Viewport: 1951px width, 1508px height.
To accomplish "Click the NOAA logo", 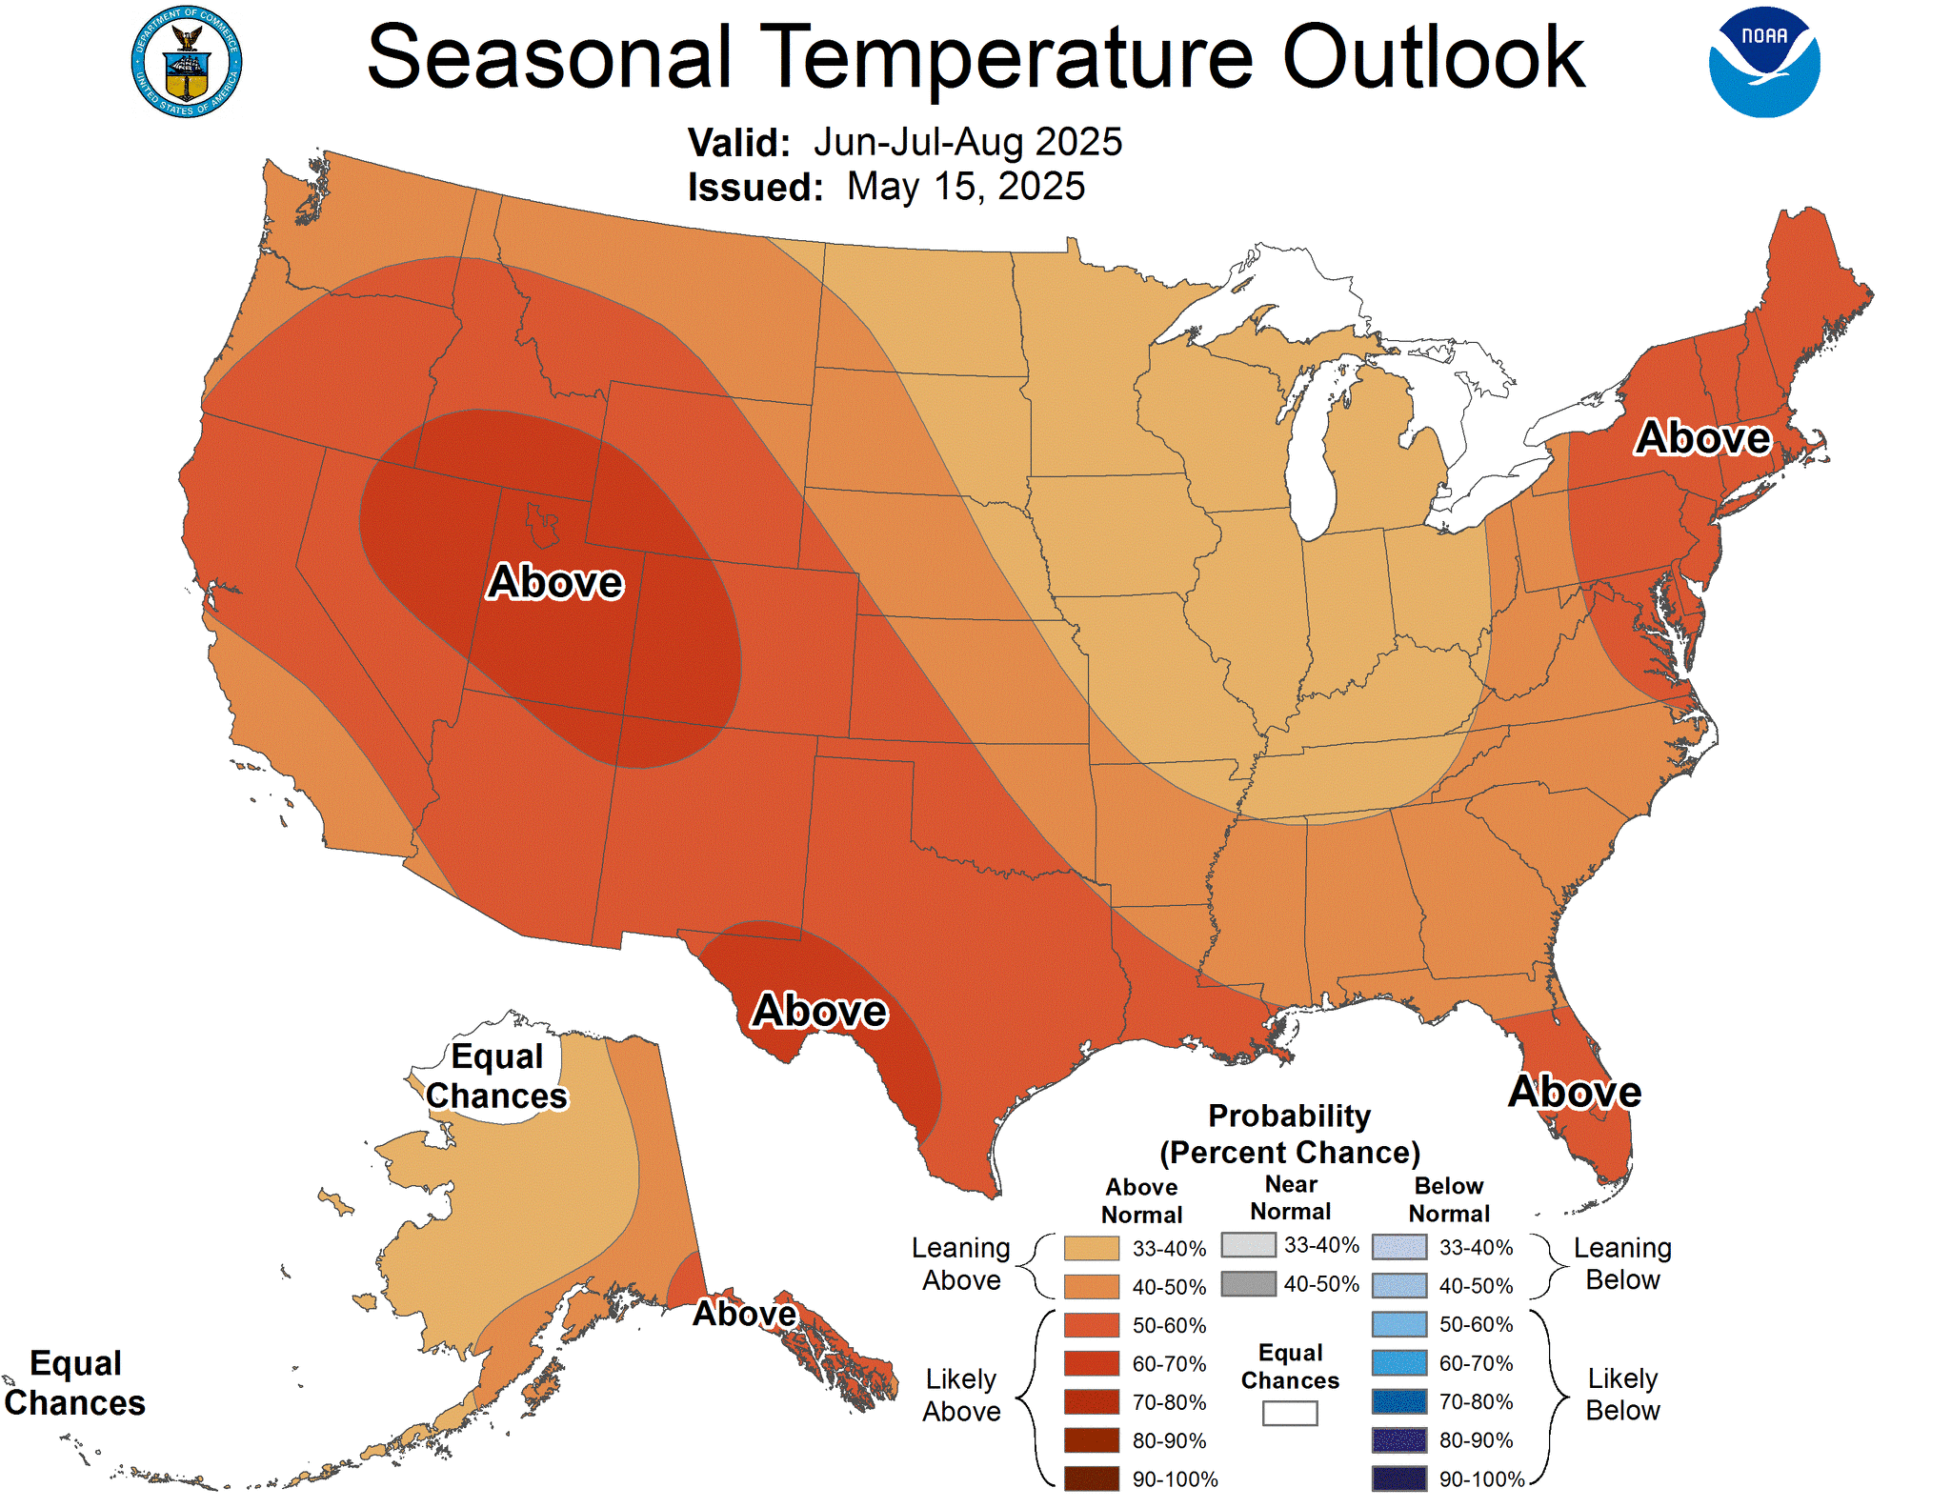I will click(x=1764, y=63).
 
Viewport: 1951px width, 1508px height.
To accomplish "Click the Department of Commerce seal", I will click(x=187, y=63).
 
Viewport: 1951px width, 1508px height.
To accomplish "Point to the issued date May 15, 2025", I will click(x=965, y=187).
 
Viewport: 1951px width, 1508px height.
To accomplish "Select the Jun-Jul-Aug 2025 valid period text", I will click(x=967, y=142).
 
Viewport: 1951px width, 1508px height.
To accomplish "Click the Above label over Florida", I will click(x=1575, y=1092).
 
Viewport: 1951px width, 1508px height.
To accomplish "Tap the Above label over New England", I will click(x=1702, y=438).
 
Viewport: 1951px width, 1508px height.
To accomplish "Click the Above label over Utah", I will click(x=555, y=582).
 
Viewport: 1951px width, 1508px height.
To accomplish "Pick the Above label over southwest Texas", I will click(x=819, y=1011).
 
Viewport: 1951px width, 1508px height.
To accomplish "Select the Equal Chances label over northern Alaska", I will click(x=496, y=1076).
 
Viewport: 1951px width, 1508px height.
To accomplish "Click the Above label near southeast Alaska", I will click(x=744, y=1314).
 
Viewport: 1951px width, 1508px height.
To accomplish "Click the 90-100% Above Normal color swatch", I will click(x=1091, y=1478).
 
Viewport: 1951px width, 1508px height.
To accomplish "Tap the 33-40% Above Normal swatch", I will click(x=1091, y=1248).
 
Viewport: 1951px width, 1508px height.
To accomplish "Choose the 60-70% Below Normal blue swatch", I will click(x=1398, y=1363).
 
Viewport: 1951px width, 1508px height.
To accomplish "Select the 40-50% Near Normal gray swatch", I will click(x=1248, y=1284).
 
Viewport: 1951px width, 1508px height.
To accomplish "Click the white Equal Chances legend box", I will click(x=1289, y=1414).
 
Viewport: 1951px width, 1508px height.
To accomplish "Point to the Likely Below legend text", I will click(x=1621, y=1395).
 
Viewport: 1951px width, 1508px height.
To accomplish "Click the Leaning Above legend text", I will click(x=960, y=1264).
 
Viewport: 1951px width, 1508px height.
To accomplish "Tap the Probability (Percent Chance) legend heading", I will click(x=1289, y=1135).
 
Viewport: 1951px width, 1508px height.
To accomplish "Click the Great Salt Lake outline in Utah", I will click(x=542, y=525).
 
